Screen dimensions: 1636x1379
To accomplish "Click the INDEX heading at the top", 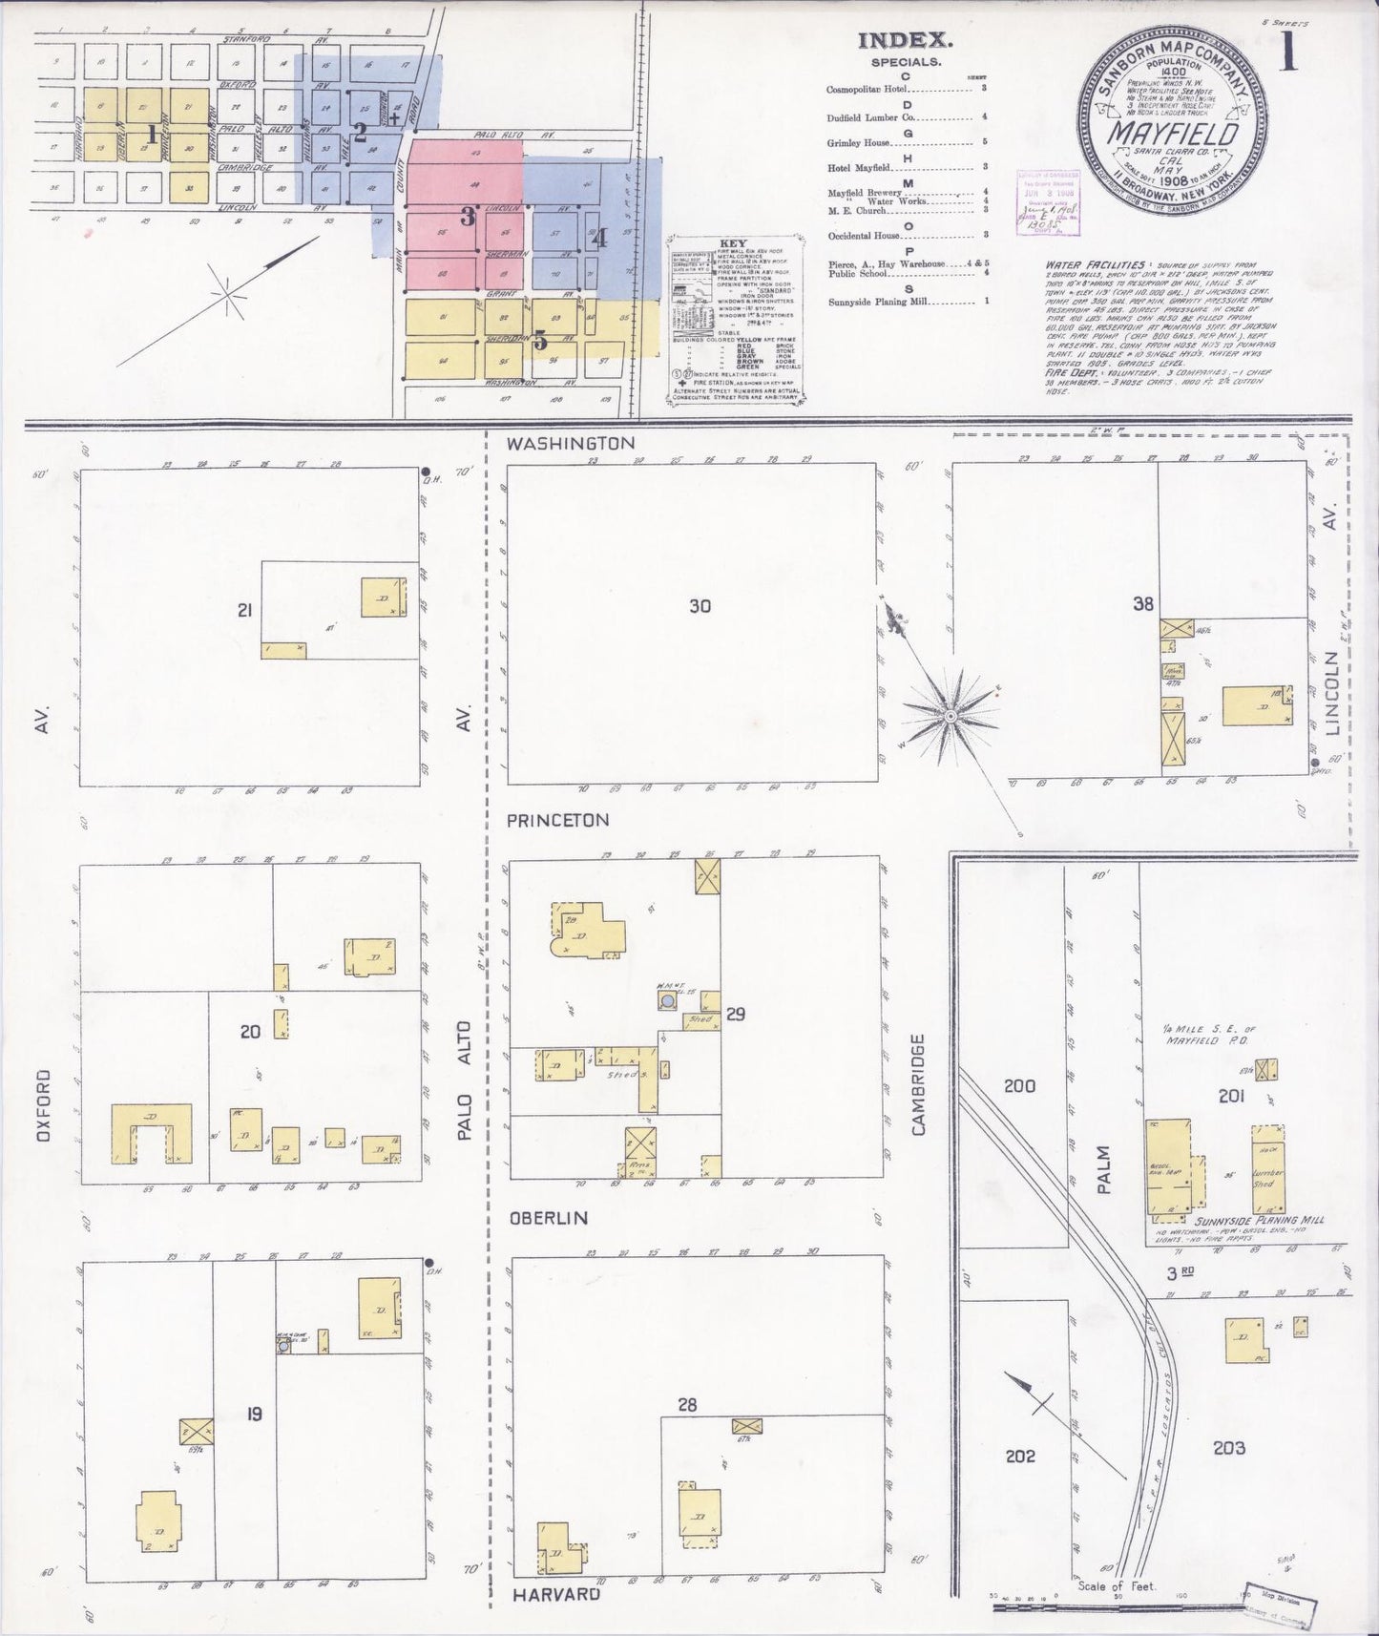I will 906,40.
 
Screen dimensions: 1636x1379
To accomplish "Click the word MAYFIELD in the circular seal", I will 1173,131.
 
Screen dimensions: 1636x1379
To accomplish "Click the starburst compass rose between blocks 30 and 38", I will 951,714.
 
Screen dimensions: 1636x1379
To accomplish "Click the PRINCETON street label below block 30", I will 557,820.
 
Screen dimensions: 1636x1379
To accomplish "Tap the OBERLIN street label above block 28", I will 547,1218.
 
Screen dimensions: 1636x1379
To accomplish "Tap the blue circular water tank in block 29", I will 666,999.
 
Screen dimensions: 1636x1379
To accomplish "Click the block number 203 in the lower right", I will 1229,1447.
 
